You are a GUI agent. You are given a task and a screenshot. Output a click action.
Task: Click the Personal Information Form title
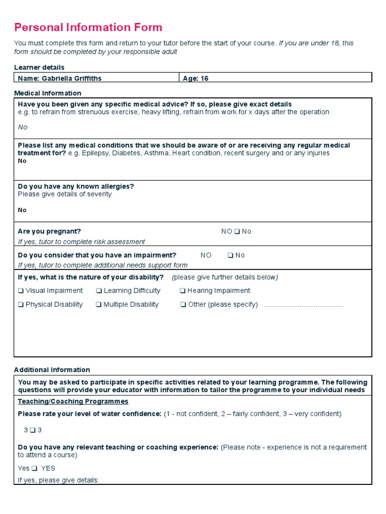(88, 27)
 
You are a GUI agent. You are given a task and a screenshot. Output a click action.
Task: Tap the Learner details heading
(39, 67)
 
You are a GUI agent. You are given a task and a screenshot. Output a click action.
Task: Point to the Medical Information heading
(47, 93)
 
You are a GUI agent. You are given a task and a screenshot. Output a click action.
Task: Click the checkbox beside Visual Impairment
(21, 291)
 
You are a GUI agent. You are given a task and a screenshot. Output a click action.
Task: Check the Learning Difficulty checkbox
(99, 291)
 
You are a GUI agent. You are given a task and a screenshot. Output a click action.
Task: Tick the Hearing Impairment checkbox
(183, 291)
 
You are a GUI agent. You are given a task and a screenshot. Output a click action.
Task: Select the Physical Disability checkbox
(21, 305)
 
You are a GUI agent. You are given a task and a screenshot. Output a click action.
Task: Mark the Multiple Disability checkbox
(99, 305)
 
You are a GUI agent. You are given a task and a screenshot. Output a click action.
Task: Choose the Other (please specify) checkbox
(183, 305)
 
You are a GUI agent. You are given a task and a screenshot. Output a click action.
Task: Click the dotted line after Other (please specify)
(303, 305)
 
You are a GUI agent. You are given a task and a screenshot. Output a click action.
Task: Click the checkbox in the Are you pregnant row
(237, 232)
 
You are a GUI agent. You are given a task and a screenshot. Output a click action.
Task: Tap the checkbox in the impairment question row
(230, 255)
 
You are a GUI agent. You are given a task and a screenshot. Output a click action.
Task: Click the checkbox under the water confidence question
(33, 430)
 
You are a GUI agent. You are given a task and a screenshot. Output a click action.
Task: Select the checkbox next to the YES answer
(34, 468)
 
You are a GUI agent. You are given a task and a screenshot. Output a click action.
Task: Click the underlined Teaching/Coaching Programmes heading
(73, 402)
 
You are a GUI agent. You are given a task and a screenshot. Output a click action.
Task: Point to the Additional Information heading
(52, 370)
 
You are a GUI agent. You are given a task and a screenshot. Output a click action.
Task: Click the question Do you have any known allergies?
(76, 186)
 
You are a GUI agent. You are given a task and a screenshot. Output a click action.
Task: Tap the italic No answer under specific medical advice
(23, 127)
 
